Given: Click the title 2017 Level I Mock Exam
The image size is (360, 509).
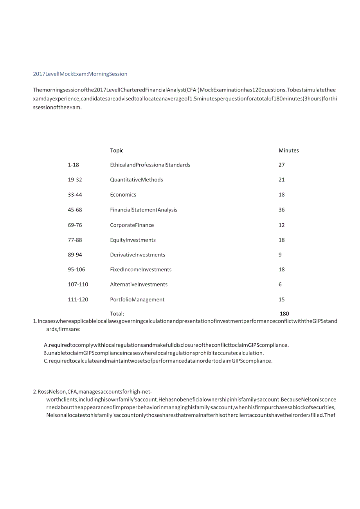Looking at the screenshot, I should (x=80, y=74).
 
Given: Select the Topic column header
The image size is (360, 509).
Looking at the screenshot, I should (x=117, y=151).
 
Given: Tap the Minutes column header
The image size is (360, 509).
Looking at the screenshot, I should (x=288, y=151).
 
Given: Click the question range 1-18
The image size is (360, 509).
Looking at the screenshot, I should (x=73, y=165).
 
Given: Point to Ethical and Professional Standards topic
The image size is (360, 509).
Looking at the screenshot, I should (x=150, y=165).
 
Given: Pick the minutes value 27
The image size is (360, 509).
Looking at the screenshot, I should (x=282, y=165).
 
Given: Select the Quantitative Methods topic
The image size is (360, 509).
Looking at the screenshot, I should (x=136, y=180).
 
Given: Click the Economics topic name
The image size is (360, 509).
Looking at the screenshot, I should (x=123, y=195).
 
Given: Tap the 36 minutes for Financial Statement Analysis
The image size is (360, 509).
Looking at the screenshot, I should (x=282, y=210).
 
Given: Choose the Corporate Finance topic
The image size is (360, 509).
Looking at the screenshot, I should (x=132, y=225).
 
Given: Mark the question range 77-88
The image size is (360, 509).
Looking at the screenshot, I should (x=75, y=240).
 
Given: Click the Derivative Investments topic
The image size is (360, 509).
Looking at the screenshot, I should (x=137, y=255).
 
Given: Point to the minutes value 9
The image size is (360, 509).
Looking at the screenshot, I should (x=280, y=255).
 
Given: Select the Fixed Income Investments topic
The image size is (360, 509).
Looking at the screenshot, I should (x=140, y=270).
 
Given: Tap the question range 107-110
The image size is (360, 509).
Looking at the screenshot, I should (x=78, y=285).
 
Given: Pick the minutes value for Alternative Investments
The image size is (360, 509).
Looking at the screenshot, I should (x=280, y=285).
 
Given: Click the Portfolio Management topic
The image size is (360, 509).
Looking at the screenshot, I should (x=137, y=300).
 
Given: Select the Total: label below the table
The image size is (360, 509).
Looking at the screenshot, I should (x=117, y=314).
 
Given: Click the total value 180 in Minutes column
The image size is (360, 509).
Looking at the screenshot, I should (x=284, y=314).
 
